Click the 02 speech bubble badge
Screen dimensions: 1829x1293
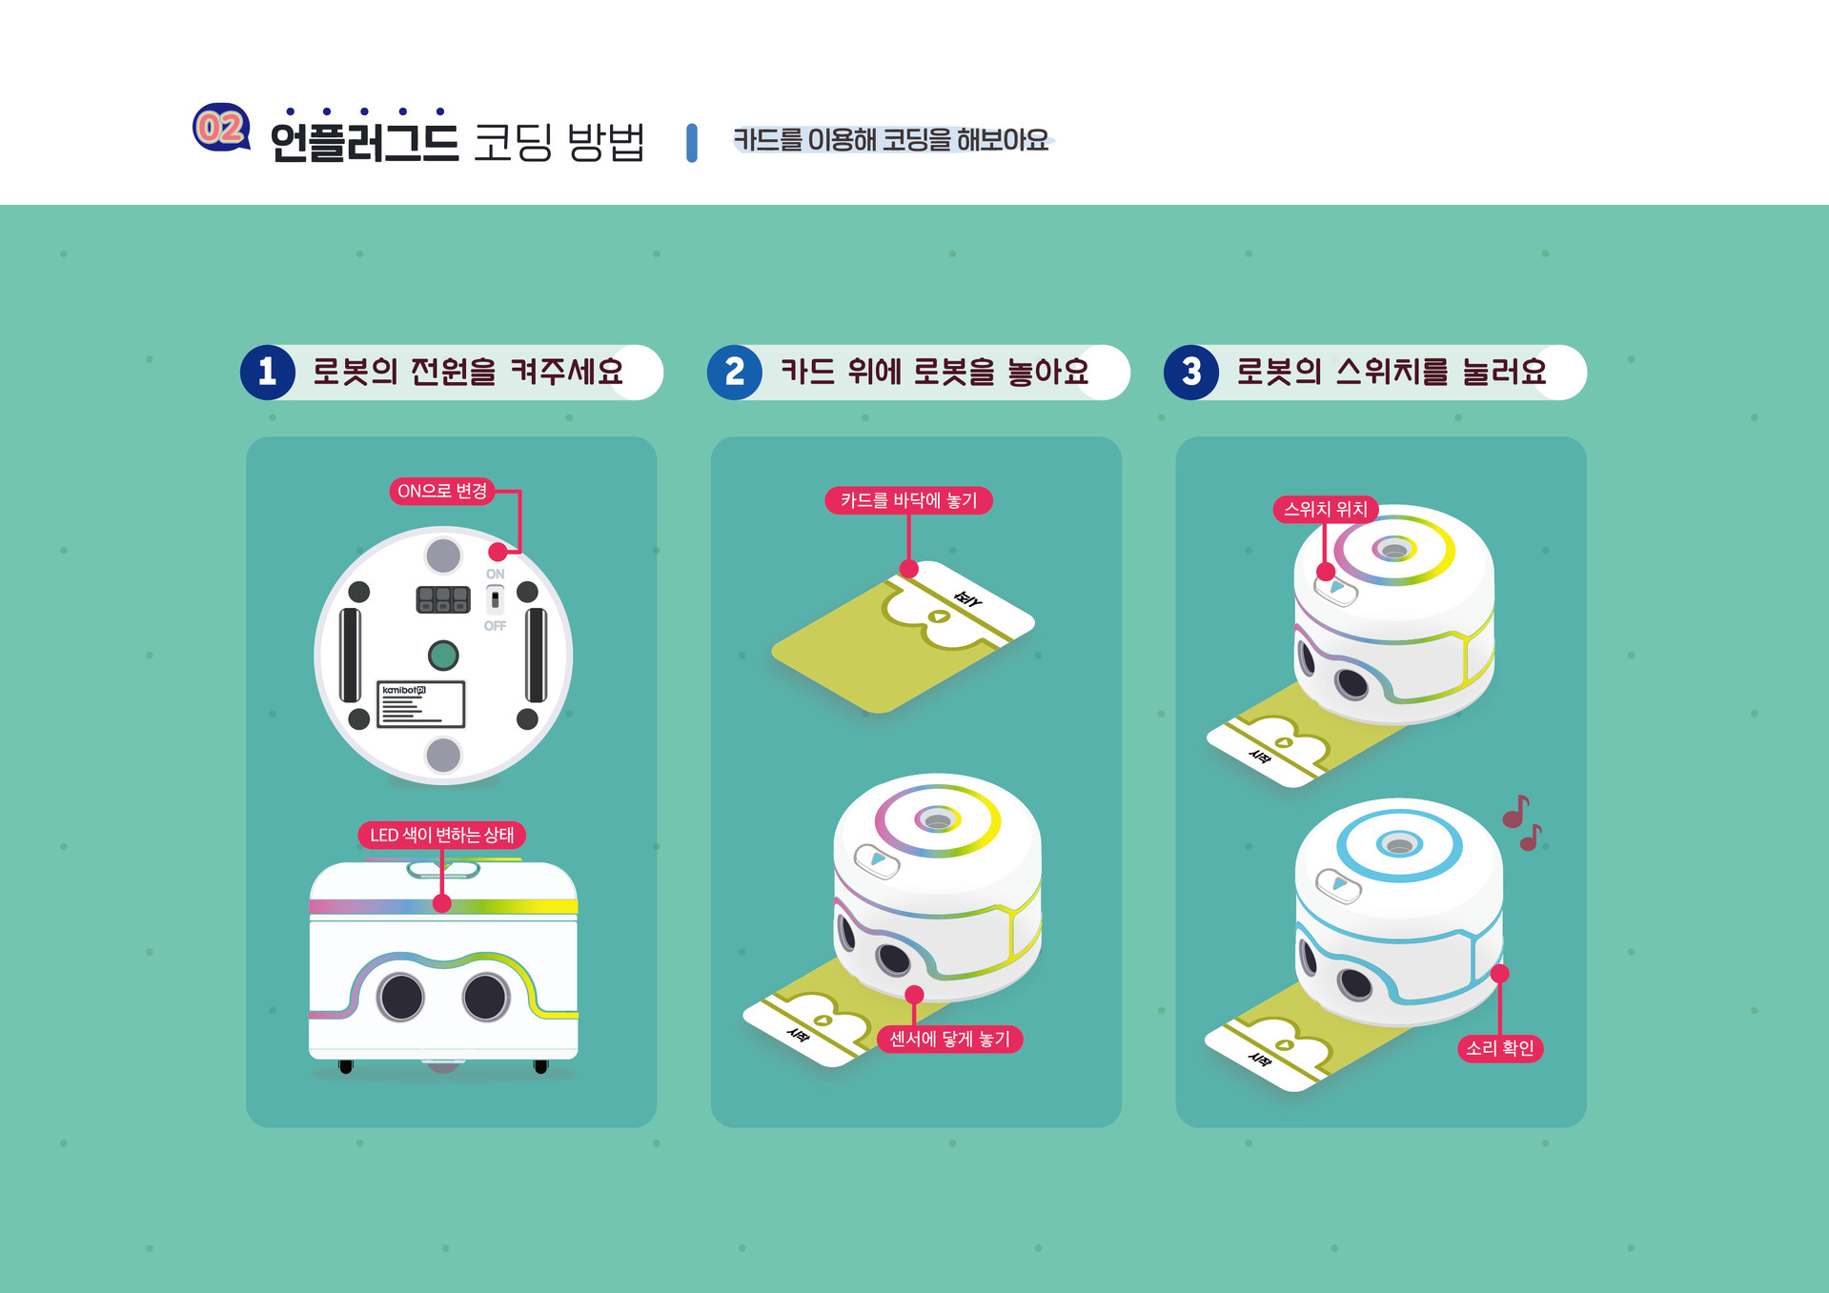pos(221,128)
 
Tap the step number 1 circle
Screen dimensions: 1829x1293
pos(268,372)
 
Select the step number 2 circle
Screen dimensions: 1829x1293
pos(734,372)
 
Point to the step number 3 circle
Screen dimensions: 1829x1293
pos(1190,372)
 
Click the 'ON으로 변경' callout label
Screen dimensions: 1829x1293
pos(442,491)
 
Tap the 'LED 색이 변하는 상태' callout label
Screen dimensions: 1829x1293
pos(441,835)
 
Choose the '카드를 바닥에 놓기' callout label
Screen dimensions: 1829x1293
pos(908,500)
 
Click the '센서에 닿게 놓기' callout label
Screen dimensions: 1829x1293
pos(949,1039)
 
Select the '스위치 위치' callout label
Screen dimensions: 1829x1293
pos(1325,509)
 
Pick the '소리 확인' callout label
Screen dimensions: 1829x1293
pos(1499,1048)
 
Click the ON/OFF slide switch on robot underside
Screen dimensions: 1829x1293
pos(495,600)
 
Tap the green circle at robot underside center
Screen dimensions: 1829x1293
pos(443,656)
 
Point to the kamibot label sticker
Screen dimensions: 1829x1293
pos(420,704)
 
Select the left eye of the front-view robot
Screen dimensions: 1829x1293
pos(401,997)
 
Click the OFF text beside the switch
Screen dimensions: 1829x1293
pos(495,626)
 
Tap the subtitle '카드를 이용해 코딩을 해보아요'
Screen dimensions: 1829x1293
pos(890,140)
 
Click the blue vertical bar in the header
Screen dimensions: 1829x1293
pos(692,142)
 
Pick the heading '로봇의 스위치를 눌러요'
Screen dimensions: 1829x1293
pos(1391,372)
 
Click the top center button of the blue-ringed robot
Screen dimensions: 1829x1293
pos(1399,845)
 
